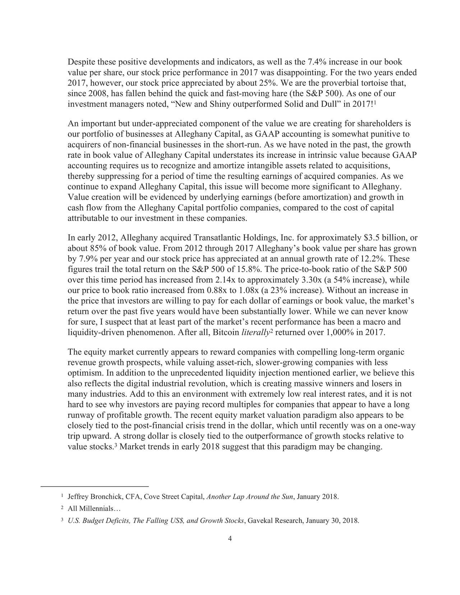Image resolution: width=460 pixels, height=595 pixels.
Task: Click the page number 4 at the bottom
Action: [x=230, y=538]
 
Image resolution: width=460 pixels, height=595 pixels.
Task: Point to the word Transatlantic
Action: [x=217, y=238]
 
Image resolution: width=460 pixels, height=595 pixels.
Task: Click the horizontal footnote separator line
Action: [x=95, y=486]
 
